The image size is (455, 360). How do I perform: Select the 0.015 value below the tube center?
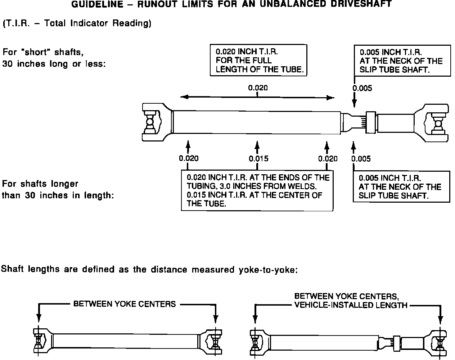tap(258, 159)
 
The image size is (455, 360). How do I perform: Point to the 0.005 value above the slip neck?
tap(362, 89)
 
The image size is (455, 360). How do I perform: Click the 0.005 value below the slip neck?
tap(361, 159)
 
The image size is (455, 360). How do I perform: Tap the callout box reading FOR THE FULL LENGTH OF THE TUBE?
tap(258, 60)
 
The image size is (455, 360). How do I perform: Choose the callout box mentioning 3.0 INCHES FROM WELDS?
tap(257, 190)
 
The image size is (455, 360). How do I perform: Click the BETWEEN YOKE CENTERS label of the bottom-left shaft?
tap(125, 304)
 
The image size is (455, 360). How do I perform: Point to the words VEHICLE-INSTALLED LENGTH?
tap(351, 305)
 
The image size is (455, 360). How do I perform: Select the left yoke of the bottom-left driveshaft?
tap(42, 340)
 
